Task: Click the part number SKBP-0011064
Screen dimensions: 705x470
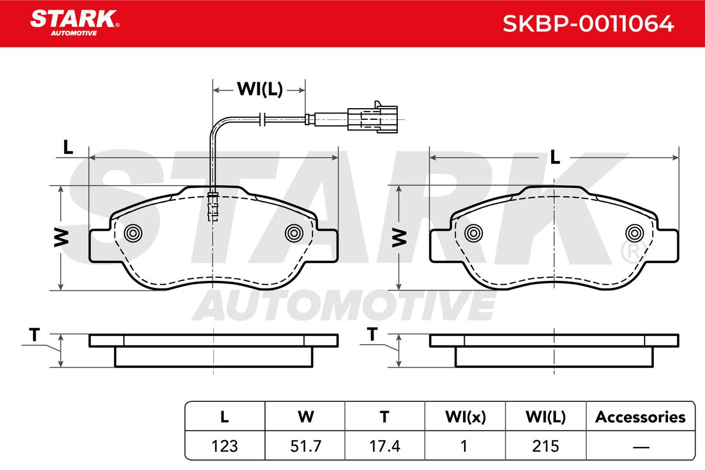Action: (588, 23)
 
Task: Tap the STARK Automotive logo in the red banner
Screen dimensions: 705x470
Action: (75, 23)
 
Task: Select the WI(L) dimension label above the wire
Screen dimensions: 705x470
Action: (260, 89)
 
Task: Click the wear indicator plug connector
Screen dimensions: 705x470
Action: (372, 118)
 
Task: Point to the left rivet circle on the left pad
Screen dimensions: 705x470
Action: (133, 233)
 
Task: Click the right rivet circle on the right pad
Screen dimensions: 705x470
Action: (634, 233)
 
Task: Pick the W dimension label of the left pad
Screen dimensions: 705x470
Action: (61, 238)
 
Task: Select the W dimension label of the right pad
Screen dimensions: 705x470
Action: (399, 238)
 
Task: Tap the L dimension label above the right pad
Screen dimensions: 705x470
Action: (555, 157)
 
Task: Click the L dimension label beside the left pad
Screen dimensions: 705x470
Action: (68, 147)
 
